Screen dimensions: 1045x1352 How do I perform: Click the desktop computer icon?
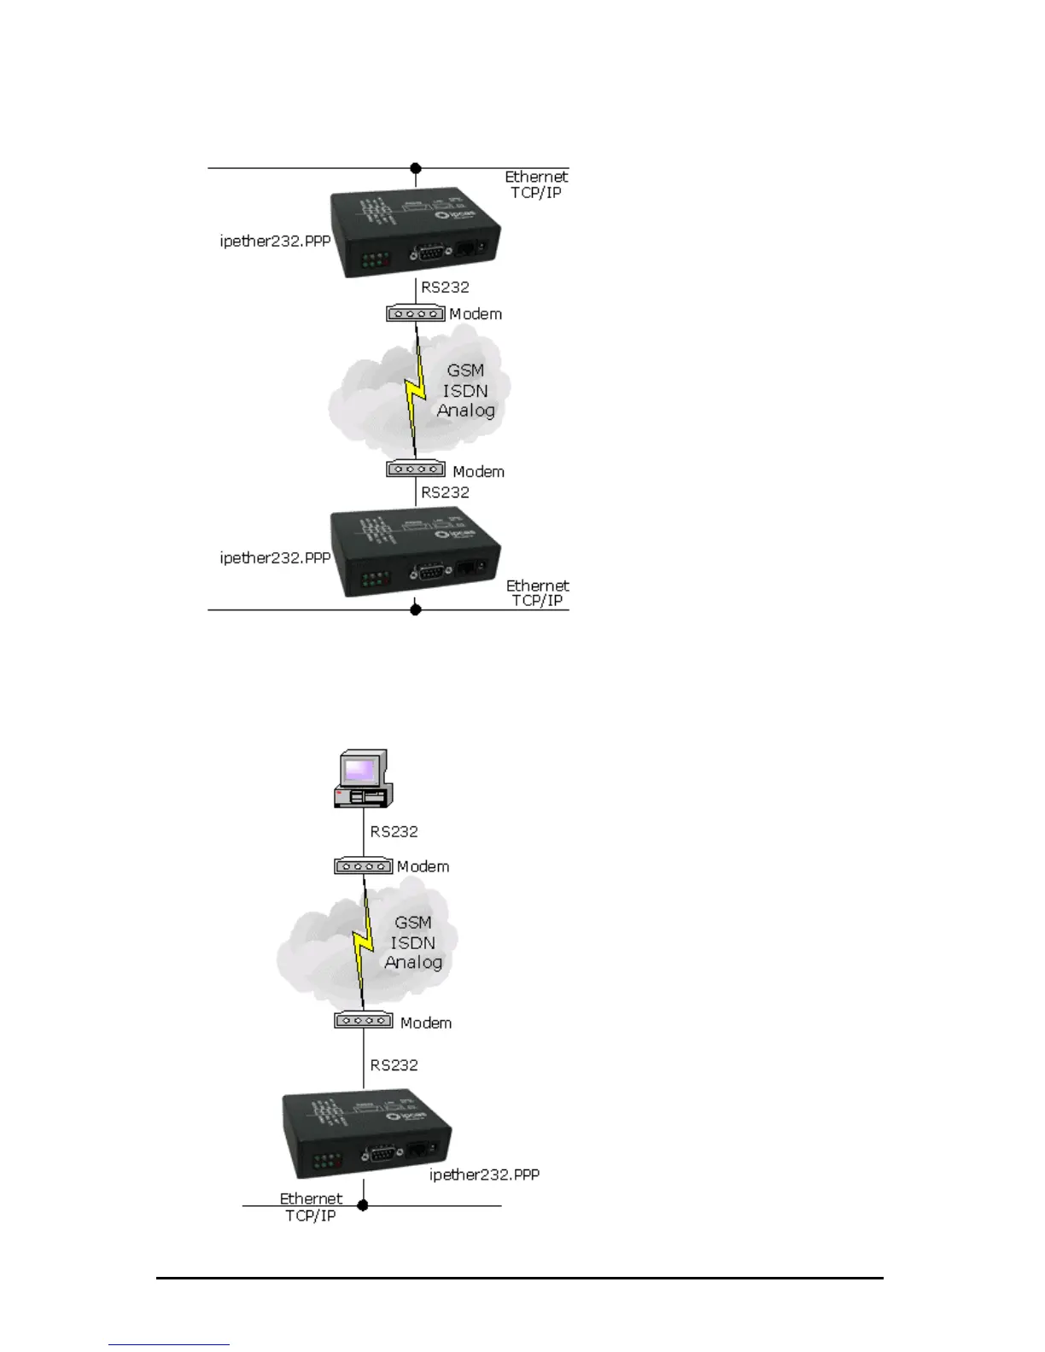coord(363,778)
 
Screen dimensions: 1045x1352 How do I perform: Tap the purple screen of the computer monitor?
coord(360,770)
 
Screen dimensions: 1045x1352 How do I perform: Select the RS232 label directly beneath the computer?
coord(394,831)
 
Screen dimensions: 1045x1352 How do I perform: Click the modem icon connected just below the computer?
coord(363,866)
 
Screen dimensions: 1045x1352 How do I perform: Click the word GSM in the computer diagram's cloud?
coord(413,923)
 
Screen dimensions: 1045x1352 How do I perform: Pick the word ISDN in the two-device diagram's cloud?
coord(465,391)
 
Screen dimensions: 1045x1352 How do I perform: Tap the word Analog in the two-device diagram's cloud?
coord(466,411)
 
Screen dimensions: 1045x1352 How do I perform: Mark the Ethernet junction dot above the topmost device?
coord(416,168)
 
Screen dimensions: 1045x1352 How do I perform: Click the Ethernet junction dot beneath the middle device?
coord(416,609)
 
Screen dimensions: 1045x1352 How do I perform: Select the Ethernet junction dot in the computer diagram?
coord(363,1205)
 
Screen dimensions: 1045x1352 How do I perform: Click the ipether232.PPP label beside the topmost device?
coord(275,241)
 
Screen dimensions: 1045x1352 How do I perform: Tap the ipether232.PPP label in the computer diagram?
coord(484,1174)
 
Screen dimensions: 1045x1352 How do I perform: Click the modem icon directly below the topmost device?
coord(416,314)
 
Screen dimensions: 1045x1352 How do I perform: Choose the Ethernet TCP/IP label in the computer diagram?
coord(311,1207)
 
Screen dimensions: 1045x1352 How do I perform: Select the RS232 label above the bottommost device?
coord(394,1065)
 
